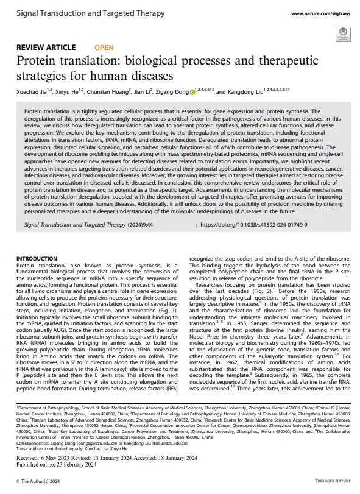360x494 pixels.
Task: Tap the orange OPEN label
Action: pyautogui.click(x=104, y=47)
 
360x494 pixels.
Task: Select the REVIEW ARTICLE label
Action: pyautogui.click(x=46, y=47)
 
